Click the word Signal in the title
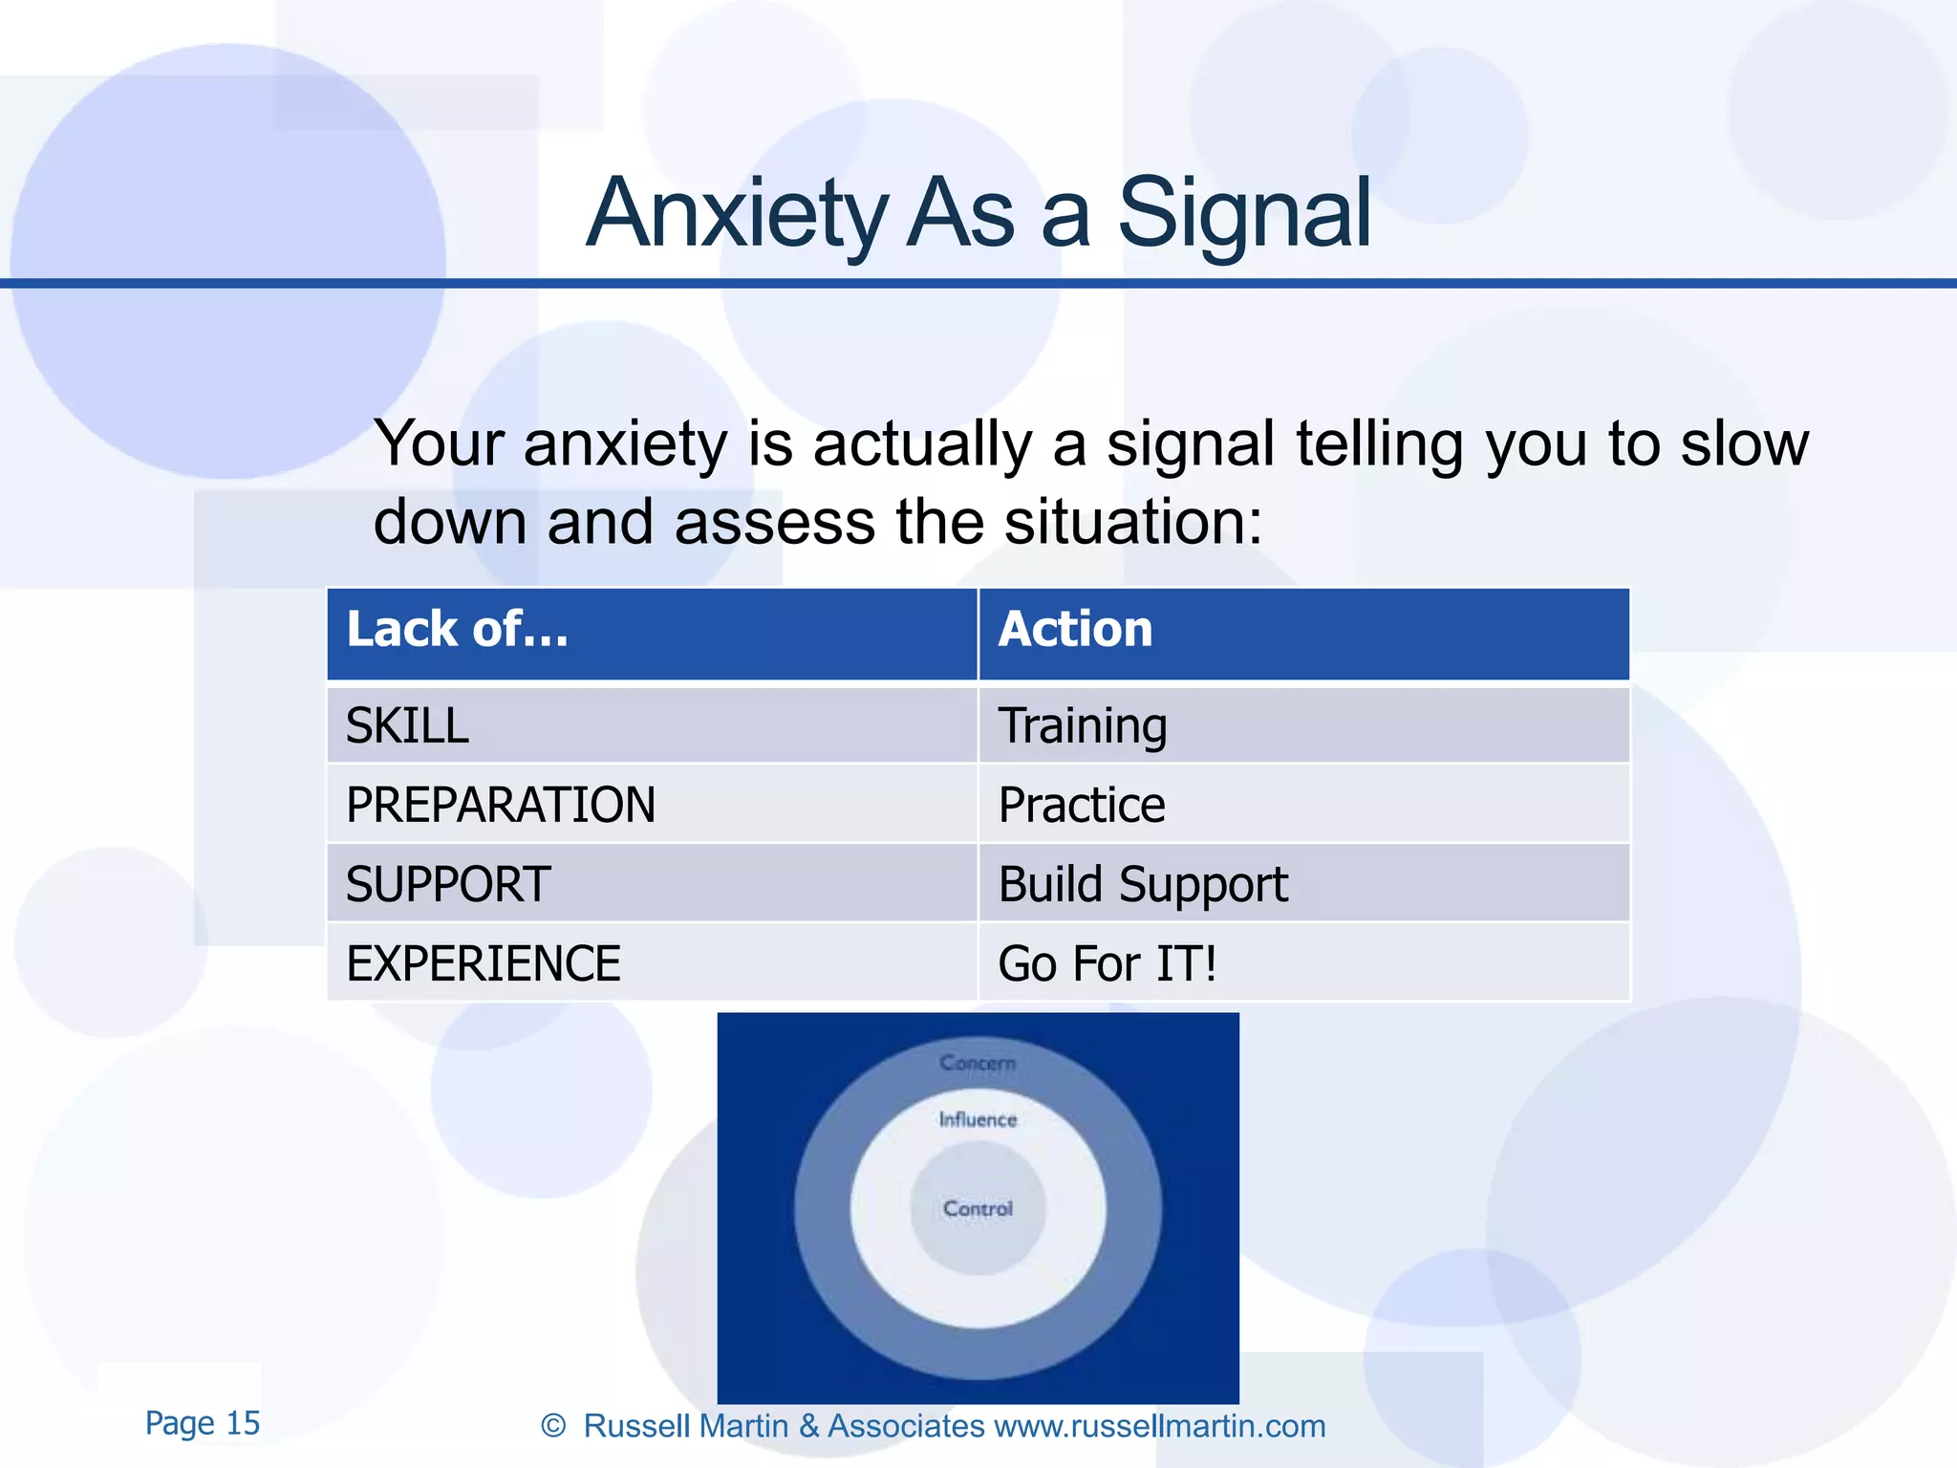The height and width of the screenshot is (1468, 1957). [x=1243, y=215]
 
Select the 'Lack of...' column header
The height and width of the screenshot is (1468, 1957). [x=458, y=630]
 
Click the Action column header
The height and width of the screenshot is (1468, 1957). [x=1075, y=630]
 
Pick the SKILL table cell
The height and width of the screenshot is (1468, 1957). [x=407, y=726]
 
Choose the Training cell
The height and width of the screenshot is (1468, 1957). [x=1083, y=726]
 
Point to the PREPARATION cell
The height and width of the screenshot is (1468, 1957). [x=501, y=805]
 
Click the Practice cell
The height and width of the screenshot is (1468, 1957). [x=1082, y=805]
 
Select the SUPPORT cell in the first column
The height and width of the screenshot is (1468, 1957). [x=448, y=884]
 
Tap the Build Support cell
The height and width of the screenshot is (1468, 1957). [x=1143, y=884]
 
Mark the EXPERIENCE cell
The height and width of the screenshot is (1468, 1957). [x=484, y=963]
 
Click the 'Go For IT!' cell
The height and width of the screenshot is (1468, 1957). [x=1108, y=963]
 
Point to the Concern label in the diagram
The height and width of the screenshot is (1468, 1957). [x=978, y=1063]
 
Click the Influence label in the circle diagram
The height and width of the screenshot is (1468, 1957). [x=978, y=1119]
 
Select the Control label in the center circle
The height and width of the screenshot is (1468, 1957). [x=978, y=1209]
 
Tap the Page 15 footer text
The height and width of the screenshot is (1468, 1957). [x=203, y=1423]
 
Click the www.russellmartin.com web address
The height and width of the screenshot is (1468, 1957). [x=1159, y=1426]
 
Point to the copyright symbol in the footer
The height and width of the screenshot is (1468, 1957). [x=553, y=1426]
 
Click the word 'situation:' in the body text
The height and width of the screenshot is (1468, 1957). [x=1133, y=523]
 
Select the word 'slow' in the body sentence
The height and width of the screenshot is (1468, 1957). [x=1744, y=444]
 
